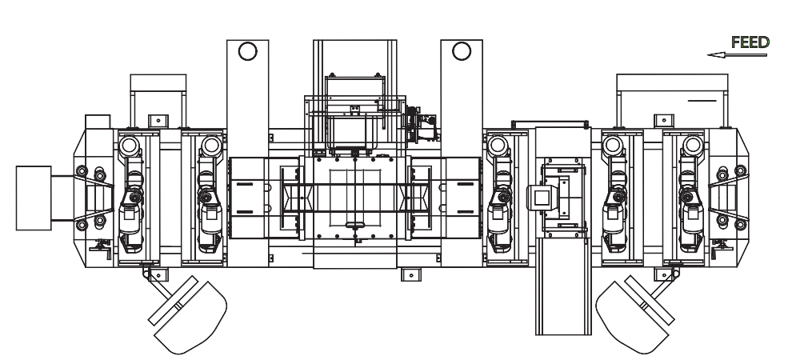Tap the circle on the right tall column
click(x=461, y=50)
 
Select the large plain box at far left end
click(x=34, y=197)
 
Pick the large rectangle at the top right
click(x=671, y=100)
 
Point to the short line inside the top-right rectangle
click(x=702, y=102)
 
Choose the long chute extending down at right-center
click(x=559, y=296)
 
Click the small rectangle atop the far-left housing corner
click(x=97, y=121)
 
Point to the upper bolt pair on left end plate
click(x=90, y=173)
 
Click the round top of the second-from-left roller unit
click(x=210, y=146)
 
